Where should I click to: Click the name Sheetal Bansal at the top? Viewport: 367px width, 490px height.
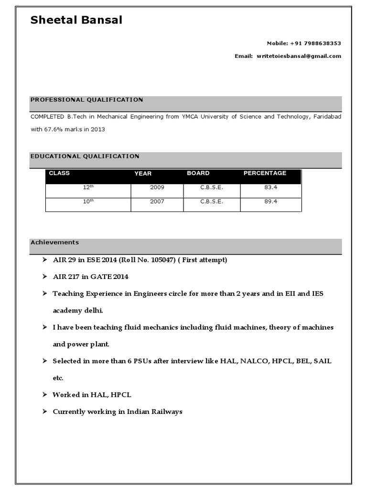[x=76, y=20]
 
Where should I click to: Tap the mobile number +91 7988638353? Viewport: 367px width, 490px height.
[x=315, y=43]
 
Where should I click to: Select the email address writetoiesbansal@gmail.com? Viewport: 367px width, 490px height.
[x=299, y=56]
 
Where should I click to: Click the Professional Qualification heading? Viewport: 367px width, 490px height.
[x=86, y=100]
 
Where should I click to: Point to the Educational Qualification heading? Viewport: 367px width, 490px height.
[x=85, y=156]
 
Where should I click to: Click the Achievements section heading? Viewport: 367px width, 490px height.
[x=54, y=242]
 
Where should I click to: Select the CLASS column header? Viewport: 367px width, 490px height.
[x=59, y=173]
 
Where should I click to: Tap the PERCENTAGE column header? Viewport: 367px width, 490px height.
[x=265, y=173]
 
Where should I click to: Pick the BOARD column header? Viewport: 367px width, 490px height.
[x=198, y=173]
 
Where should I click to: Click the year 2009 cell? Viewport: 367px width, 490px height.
[x=157, y=188]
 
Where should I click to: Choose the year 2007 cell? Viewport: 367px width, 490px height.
[x=157, y=201]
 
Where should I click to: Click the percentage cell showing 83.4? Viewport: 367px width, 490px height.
[x=270, y=188]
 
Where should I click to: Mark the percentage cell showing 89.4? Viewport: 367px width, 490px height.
[x=270, y=201]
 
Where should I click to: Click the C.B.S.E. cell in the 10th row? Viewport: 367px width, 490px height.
[x=212, y=201]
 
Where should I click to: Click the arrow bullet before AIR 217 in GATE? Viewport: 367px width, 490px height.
[x=44, y=277]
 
